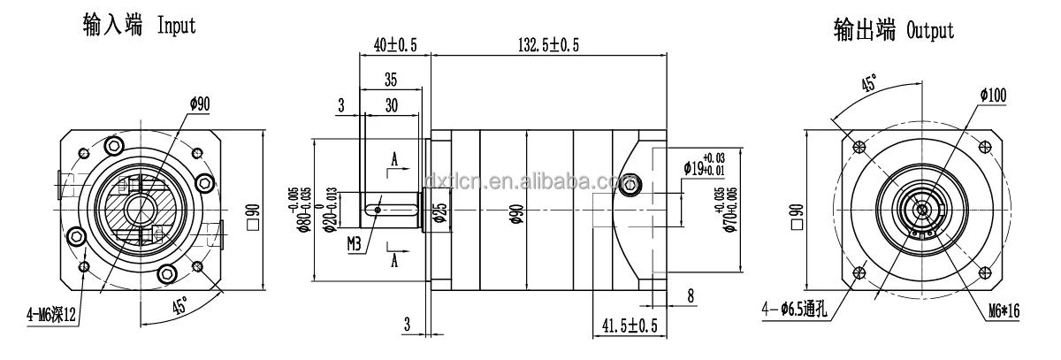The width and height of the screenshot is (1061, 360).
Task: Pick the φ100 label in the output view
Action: coord(990,96)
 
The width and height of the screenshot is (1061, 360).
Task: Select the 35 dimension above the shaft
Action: coord(391,80)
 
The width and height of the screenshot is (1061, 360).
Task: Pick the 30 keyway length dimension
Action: coord(391,104)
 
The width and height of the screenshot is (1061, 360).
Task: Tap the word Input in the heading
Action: coord(177,27)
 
